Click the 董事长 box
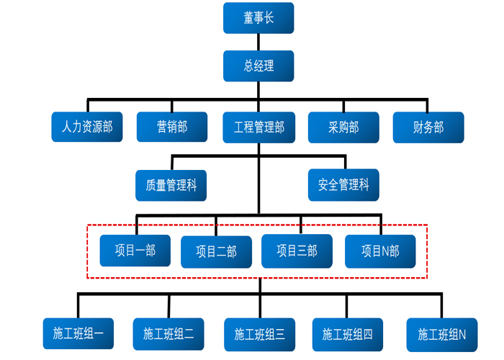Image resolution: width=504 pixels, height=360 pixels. click(x=258, y=18)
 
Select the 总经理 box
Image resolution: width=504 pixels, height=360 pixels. click(x=258, y=66)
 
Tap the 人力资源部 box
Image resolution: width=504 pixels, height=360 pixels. click(x=87, y=127)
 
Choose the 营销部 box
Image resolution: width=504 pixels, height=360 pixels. click(x=172, y=127)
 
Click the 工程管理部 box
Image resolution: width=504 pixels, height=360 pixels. click(x=258, y=127)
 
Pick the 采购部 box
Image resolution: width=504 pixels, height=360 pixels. click(x=343, y=127)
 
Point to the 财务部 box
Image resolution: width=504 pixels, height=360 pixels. click(x=428, y=127)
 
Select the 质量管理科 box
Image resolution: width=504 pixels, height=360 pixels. click(x=171, y=185)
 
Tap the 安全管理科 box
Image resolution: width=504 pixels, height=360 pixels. click(x=343, y=185)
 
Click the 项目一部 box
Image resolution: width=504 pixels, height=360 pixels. click(x=135, y=251)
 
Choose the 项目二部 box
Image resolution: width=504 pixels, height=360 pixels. click(x=216, y=252)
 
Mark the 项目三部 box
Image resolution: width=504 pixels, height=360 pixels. click(x=297, y=251)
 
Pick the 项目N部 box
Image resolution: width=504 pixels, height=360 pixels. click(x=380, y=251)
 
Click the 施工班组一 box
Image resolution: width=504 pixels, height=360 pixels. click(x=78, y=333)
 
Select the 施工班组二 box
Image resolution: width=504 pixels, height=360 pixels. click(x=168, y=334)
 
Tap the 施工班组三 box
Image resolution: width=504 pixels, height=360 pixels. click(x=259, y=334)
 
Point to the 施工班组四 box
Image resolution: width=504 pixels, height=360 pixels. click(x=348, y=334)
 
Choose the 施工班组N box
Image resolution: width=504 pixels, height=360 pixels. click(x=442, y=334)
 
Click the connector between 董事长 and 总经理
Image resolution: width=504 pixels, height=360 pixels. click(x=258, y=42)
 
